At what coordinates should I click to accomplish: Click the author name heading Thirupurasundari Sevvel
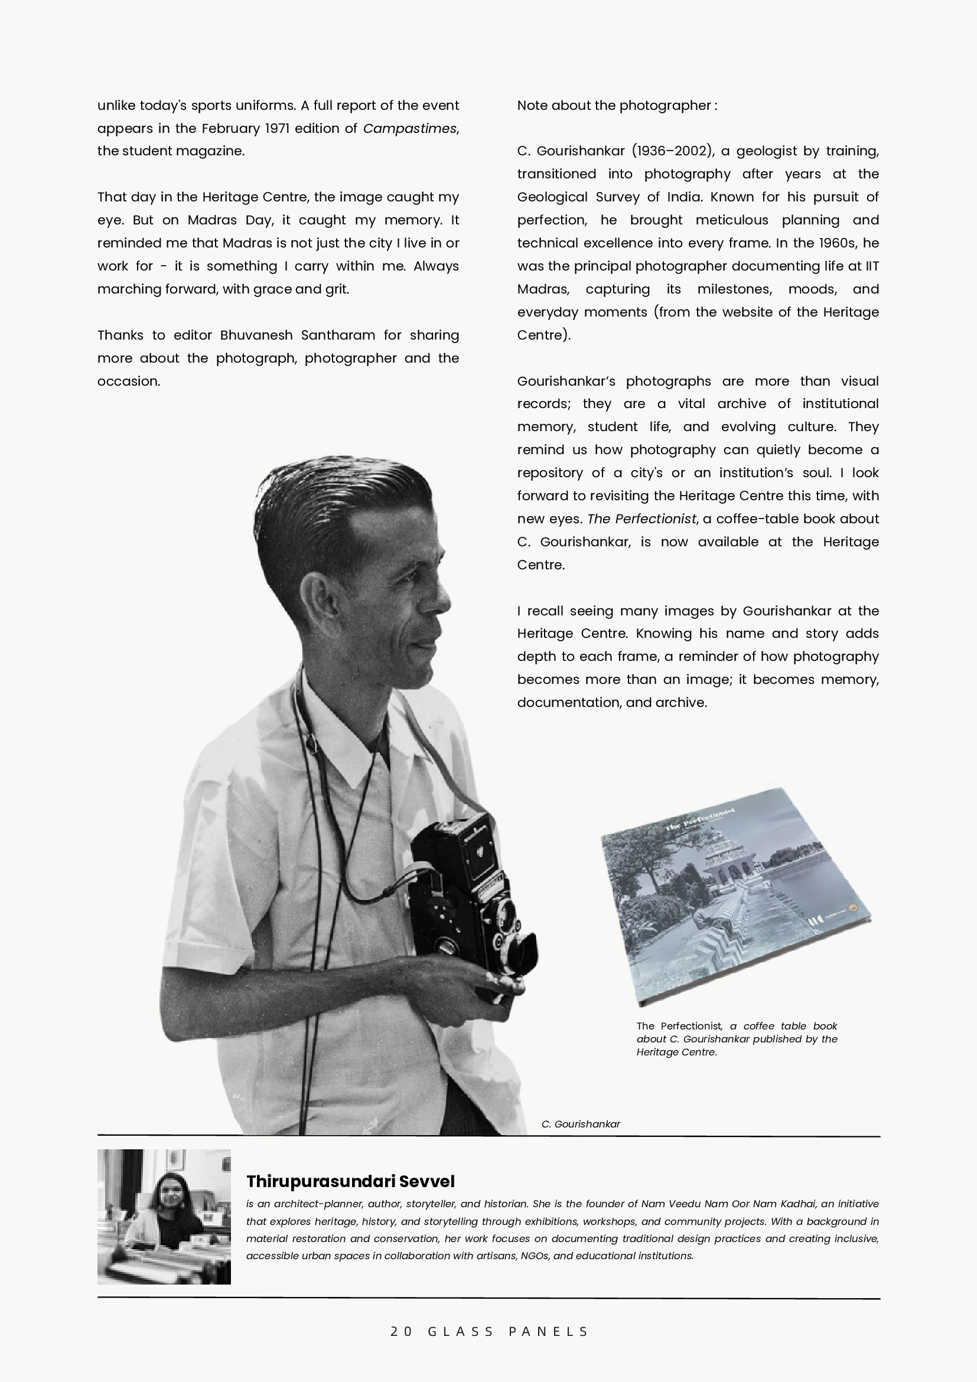[350, 1182]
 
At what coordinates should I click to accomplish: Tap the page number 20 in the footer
[402, 1331]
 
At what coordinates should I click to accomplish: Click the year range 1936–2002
[673, 151]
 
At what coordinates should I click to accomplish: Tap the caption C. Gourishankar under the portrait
[580, 1124]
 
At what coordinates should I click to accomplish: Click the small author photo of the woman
[164, 1217]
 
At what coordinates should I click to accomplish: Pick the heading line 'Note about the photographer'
[617, 106]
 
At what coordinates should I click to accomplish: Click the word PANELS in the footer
[548, 1331]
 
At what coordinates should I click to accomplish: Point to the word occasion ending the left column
[128, 382]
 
